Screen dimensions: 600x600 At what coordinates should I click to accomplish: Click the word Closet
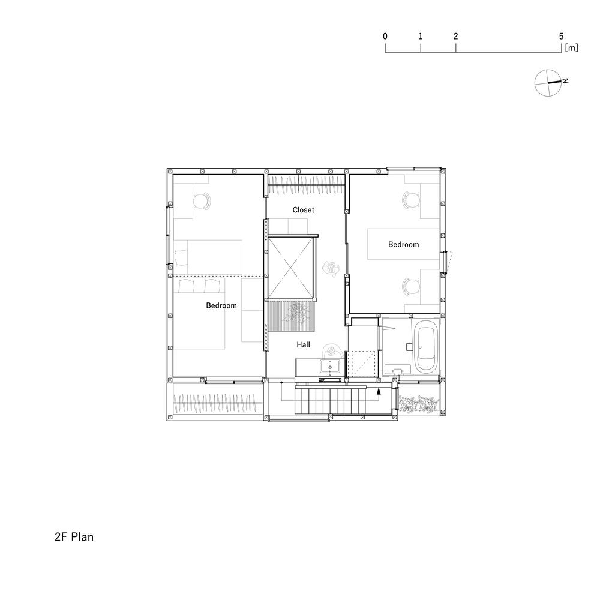(303, 209)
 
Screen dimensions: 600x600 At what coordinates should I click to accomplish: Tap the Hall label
(303, 345)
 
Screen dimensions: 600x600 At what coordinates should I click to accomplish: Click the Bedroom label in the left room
(221, 305)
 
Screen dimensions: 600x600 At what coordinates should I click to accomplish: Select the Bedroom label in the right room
(403, 245)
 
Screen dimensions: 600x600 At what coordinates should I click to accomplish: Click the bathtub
(425, 346)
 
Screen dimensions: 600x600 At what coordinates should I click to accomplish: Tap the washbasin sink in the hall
(329, 367)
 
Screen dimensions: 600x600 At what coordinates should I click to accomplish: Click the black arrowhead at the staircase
(379, 391)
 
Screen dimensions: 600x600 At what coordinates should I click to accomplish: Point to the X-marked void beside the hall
(291, 268)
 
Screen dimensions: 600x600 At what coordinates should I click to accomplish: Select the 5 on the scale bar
(561, 37)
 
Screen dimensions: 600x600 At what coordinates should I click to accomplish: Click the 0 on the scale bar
(385, 37)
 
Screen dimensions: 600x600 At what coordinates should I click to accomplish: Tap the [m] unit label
(571, 48)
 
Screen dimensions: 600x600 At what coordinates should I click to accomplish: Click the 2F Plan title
(74, 537)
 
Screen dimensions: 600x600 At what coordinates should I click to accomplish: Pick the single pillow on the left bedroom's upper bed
(182, 257)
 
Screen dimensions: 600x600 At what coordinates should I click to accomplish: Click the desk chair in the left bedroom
(202, 201)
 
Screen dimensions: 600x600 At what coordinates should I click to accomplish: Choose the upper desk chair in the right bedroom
(411, 200)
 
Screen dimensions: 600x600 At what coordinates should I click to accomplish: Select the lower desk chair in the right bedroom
(411, 287)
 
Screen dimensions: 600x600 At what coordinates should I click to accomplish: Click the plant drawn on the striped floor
(296, 313)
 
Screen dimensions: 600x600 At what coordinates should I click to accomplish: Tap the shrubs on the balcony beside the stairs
(417, 404)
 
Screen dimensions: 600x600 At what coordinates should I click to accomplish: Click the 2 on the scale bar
(455, 37)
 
